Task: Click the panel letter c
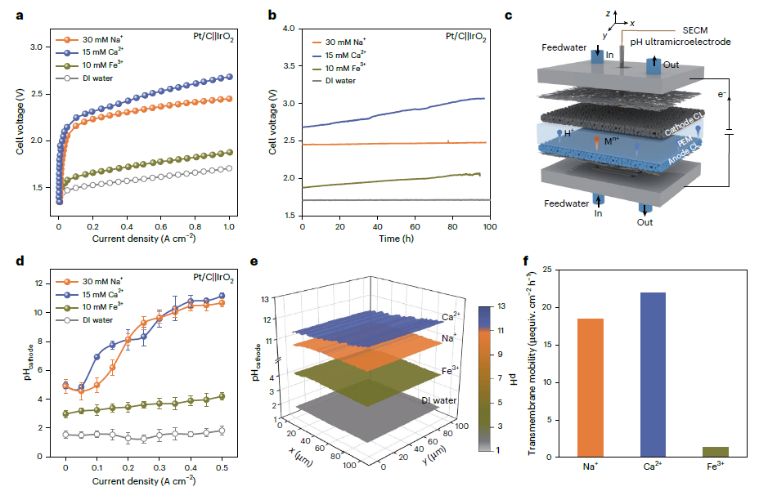tap(555, 15)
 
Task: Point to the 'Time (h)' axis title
tap(395, 239)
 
